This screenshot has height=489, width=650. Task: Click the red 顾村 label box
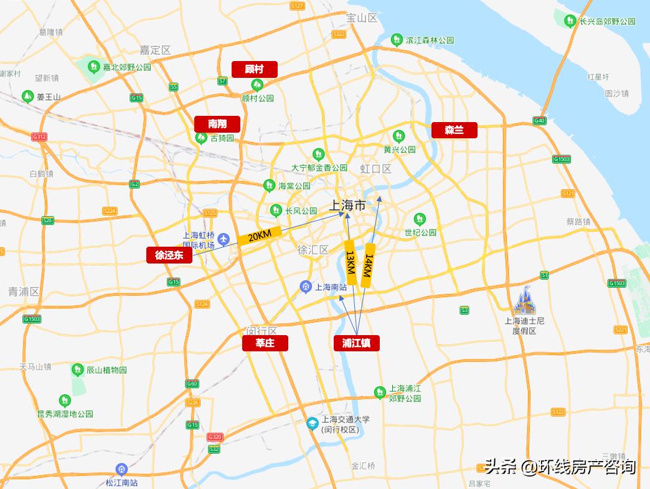(254, 69)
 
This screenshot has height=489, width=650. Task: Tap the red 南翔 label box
(217, 124)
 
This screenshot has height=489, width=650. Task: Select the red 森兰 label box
(455, 130)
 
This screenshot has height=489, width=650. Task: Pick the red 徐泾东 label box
(169, 255)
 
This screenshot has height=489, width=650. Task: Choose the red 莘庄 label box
(265, 343)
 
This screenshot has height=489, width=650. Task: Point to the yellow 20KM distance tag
(260, 236)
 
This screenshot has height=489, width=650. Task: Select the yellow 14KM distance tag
(369, 265)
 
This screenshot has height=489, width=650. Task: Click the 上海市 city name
(347, 205)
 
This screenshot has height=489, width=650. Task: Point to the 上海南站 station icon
(306, 287)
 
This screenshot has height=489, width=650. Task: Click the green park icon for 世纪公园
(420, 219)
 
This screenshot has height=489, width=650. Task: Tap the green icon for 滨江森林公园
(396, 40)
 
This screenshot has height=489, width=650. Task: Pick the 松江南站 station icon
(121, 469)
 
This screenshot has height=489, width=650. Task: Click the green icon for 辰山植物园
(77, 369)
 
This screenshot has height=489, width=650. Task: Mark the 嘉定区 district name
(155, 50)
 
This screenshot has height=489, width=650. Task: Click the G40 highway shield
(540, 121)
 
